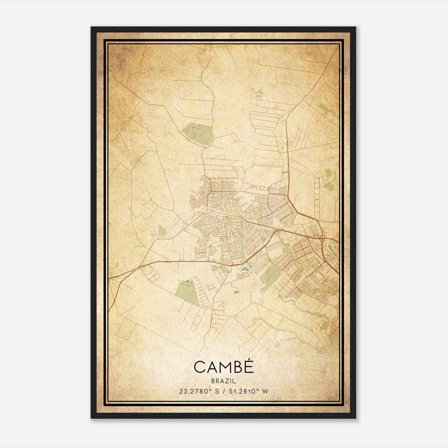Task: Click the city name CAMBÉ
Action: pyautogui.click(x=223, y=367)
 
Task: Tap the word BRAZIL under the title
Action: pyautogui.click(x=223, y=381)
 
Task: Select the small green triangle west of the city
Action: pyautogui.click(x=162, y=231)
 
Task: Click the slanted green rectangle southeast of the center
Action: pyautogui.click(x=269, y=274)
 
